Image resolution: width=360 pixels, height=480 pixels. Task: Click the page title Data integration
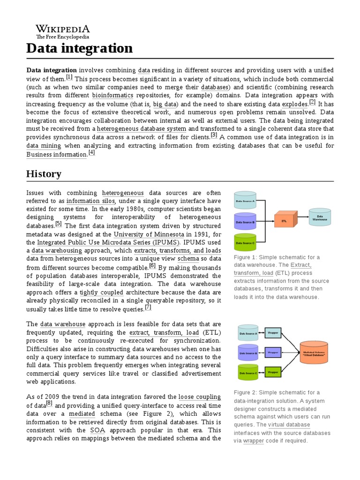click(79, 48)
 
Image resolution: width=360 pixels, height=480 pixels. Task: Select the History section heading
click(44, 174)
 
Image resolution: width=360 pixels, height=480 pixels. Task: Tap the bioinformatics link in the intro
click(112, 95)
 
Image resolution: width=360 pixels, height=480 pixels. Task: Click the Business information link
click(56, 154)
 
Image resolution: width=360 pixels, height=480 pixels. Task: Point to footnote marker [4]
click(91, 152)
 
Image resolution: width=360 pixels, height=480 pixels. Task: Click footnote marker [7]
click(148, 307)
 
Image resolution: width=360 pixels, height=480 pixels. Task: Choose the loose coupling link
click(199, 397)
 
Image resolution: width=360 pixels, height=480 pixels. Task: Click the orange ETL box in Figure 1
click(284, 219)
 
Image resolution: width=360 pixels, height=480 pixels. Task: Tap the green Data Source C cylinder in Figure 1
click(245, 242)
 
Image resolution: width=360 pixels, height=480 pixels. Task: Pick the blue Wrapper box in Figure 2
click(273, 351)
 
